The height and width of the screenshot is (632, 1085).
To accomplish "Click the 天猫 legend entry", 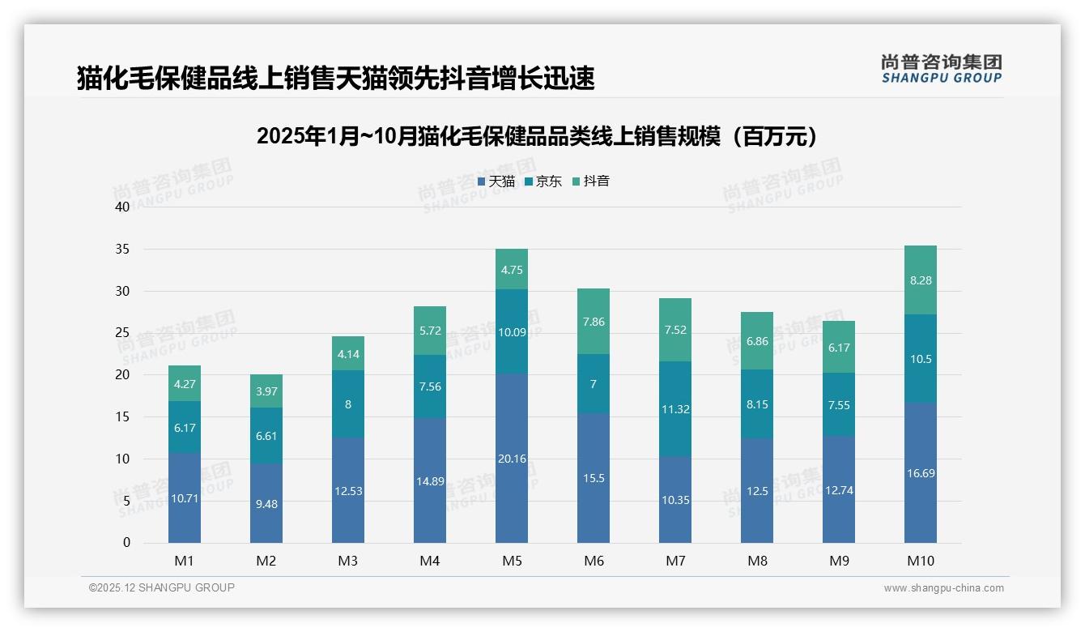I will tap(496, 181).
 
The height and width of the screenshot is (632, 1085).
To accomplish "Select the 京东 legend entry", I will tap(543, 181).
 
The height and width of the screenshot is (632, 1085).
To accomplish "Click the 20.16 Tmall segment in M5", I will tap(512, 459).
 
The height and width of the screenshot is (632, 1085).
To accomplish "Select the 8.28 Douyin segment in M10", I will tap(921, 280).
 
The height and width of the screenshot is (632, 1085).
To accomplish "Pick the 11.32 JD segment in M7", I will tap(675, 409).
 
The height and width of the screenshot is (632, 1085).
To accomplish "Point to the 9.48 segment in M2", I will tap(266, 503).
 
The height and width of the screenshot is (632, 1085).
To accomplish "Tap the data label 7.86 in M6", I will tap(594, 322).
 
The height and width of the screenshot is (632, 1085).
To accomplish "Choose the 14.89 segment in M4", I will tap(430, 481).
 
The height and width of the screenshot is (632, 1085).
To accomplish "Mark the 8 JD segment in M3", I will tap(348, 404).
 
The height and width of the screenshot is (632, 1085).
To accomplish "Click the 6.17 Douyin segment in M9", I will tap(839, 348).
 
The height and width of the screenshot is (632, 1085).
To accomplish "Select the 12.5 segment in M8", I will tap(757, 491).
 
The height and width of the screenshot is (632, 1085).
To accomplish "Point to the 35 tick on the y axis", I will tap(122, 249).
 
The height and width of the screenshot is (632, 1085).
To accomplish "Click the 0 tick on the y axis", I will tap(126, 543).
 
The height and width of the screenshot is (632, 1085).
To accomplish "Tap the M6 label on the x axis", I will tap(594, 561).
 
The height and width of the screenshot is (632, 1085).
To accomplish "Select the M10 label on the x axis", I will tap(921, 561).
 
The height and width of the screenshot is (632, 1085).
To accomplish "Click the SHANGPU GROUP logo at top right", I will tap(942, 68).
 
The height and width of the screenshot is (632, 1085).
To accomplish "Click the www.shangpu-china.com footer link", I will tap(943, 588).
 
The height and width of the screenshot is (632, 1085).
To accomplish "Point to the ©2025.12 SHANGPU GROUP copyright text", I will tap(162, 588).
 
